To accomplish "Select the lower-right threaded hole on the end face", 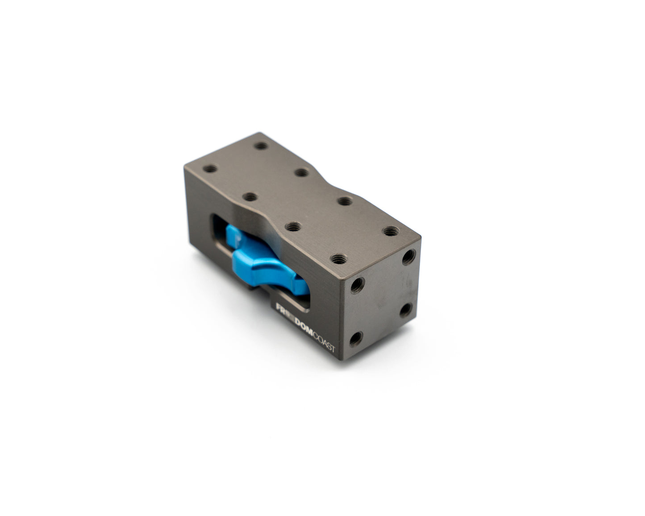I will click(405, 309).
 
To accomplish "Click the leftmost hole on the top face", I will click(210, 169).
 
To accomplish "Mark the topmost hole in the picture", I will click(261, 146).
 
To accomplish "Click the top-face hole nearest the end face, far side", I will click(390, 231).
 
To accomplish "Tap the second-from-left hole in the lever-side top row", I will click(251, 196).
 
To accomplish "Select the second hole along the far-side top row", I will click(302, 172).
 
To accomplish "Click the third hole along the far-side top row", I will click(344, 200).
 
